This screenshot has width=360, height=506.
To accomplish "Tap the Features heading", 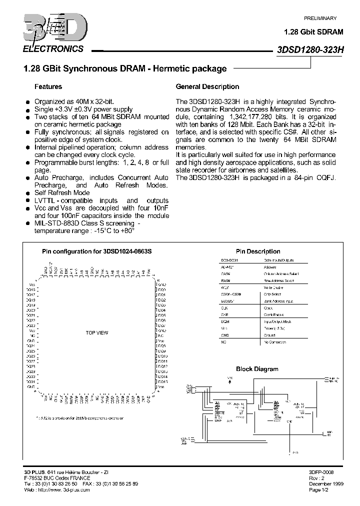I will click(48, 86).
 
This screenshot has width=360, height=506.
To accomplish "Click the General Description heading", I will click(207, 86).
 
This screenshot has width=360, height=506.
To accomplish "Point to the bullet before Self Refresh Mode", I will click(28, 193).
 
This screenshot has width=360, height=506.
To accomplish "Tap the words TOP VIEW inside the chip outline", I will click(96, 332).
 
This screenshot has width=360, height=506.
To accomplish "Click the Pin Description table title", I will click(258, 251).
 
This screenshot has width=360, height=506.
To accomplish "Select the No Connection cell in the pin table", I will click(274, 342).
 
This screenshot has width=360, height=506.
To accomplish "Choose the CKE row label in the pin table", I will click(225, 315).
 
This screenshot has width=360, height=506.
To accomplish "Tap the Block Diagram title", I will click(257, 369).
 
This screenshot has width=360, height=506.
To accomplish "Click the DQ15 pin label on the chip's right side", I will click(162, 382).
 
